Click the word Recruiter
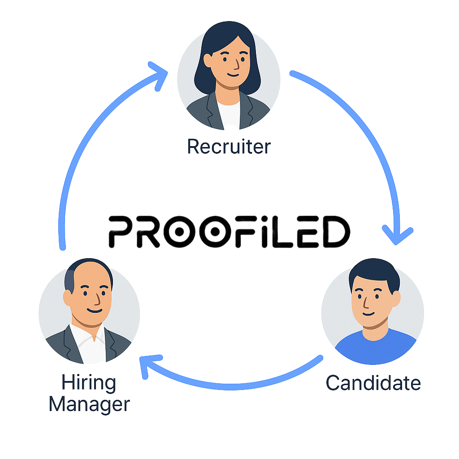(229, 147)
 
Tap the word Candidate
(373, 383)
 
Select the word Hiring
(88, 383)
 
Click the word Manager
(89, 405)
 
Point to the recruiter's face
(229, 65)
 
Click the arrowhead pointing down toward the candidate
(397, 235)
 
